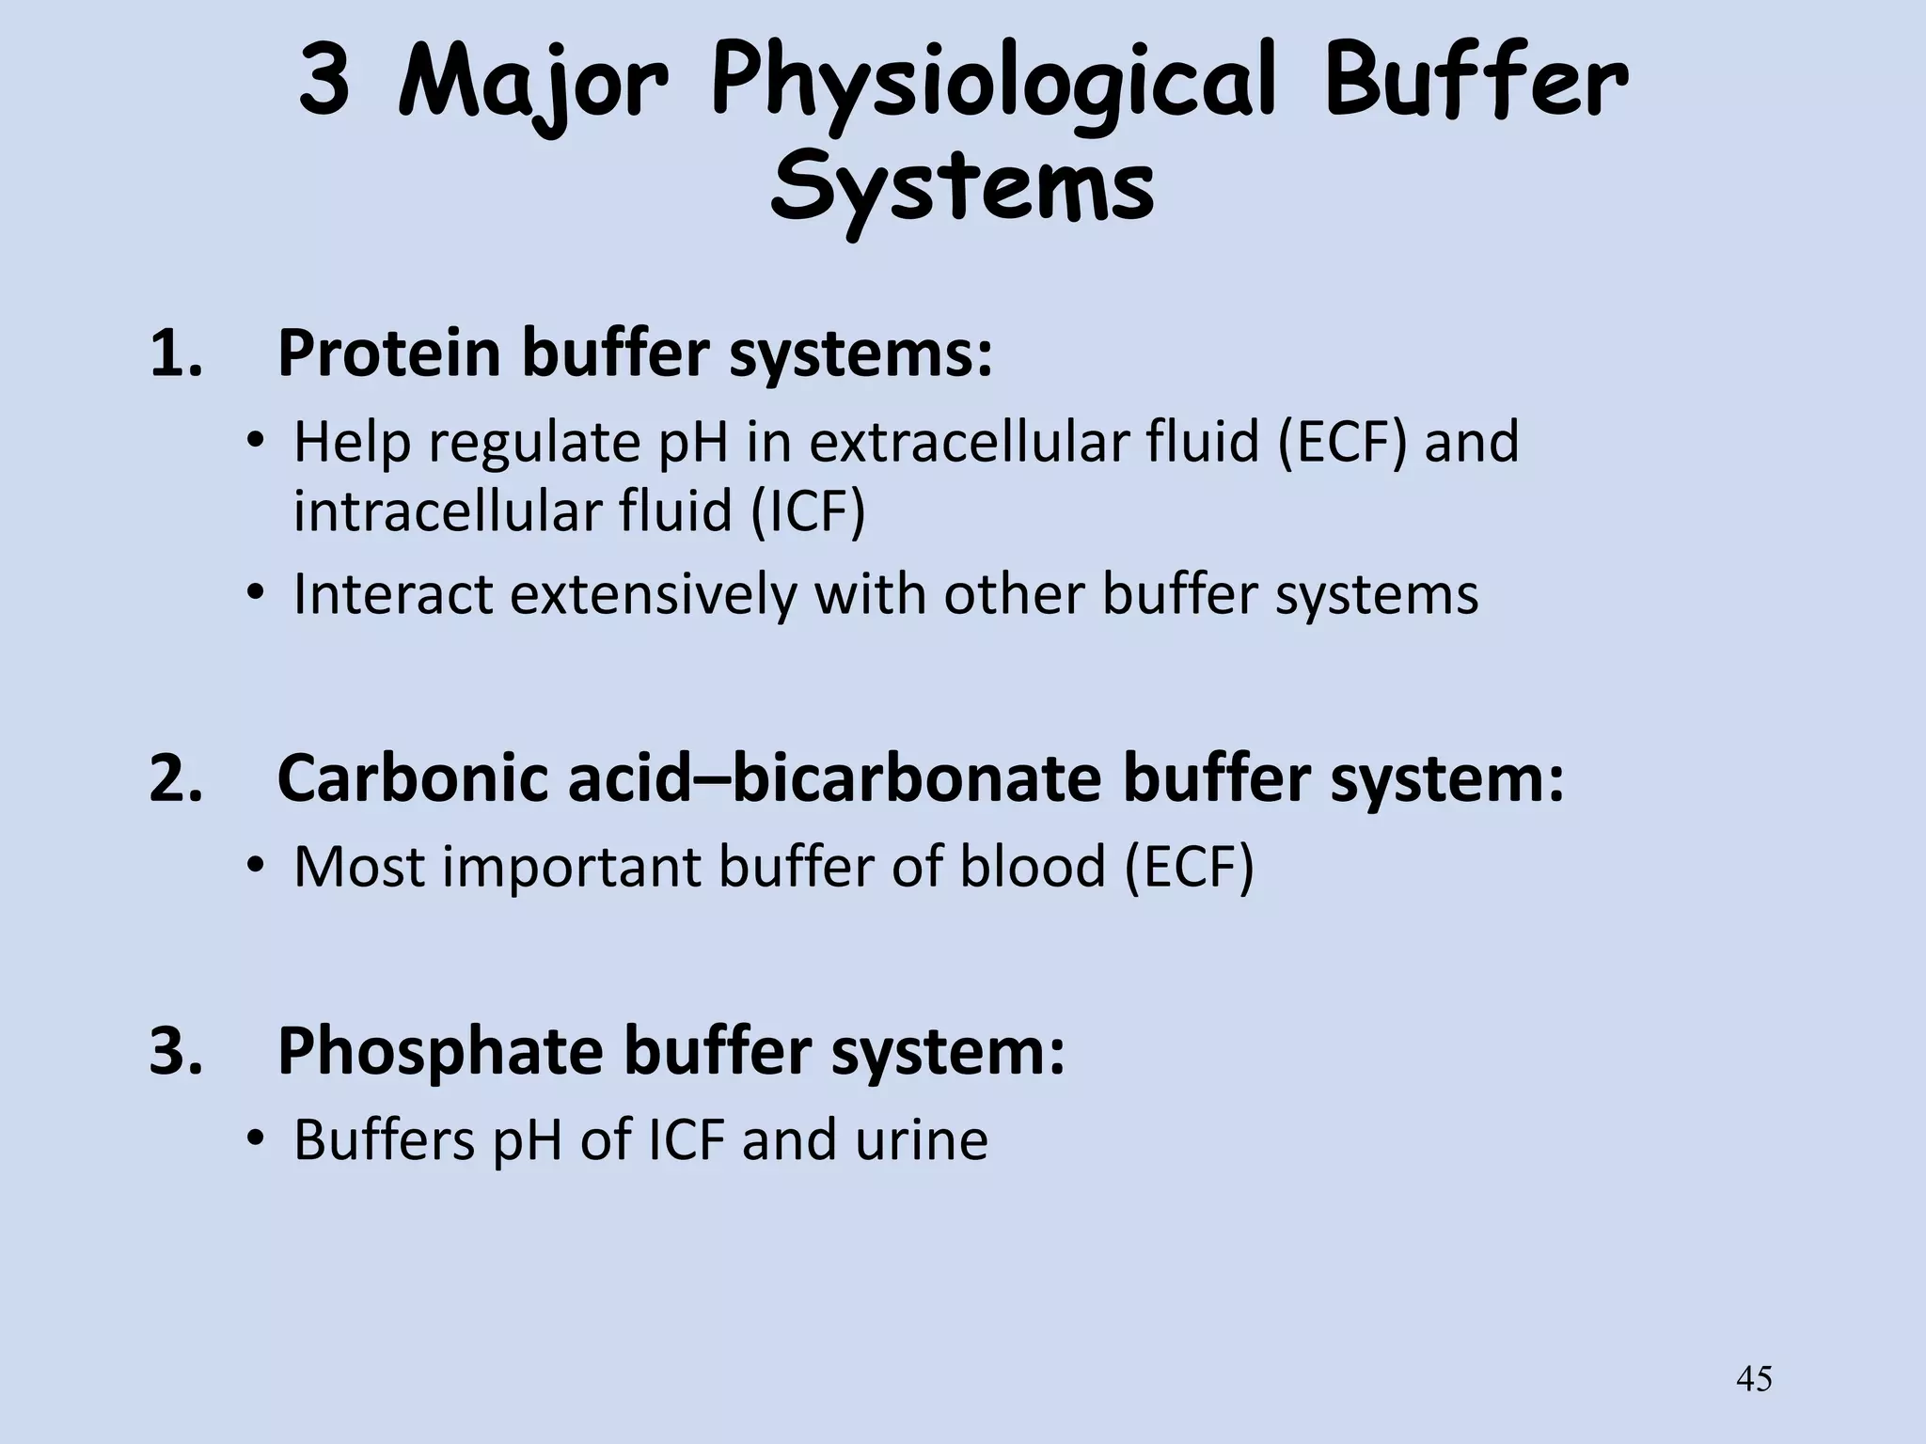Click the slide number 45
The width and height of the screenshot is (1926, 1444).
pyautogui.click(x=1754, y=1379)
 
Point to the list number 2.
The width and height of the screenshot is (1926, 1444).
pyautogui.click(x=176, y=779)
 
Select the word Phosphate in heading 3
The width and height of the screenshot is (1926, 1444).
pyautogui.click(x=440, y=1051)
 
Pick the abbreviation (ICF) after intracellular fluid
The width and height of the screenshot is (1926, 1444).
pyautogui.click(x=807, y=512)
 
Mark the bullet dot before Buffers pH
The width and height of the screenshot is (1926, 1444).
pyautogui.click(x=253, y=1139)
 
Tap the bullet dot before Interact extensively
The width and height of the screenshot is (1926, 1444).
pyautogui.click(x=253, y=594)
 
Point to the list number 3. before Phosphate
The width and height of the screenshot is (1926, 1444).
pyautogui.click(x=176, y=1051)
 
